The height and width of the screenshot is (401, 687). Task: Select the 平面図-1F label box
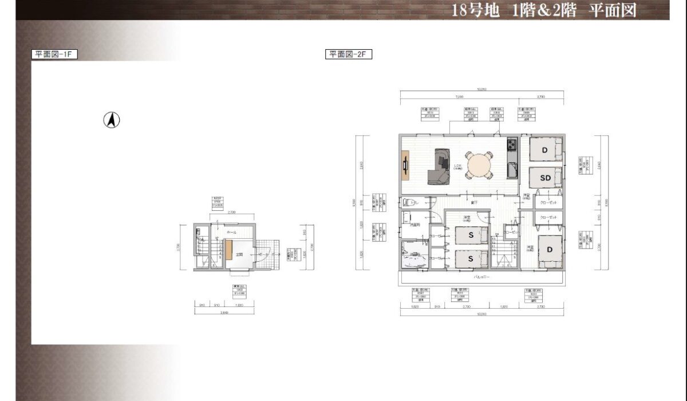(54, 54)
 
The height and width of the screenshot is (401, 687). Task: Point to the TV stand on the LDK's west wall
(405, 166)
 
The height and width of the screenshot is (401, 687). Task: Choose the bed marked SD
(545, 178)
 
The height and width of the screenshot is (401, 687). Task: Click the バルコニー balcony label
(480, 277)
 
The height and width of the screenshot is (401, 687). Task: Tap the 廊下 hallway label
(474, 202)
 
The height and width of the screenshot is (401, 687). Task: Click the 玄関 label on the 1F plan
(241, 254)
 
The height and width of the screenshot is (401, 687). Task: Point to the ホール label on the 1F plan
(231, 233)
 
